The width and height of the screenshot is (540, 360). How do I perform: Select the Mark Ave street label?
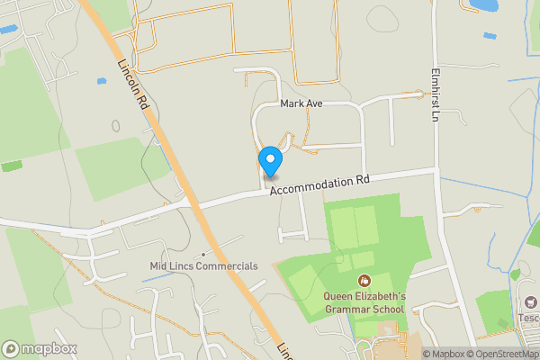tap(301, 103)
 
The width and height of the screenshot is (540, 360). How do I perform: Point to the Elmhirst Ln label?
tap(433, 95)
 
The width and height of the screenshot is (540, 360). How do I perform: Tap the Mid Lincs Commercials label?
tap(203, 266)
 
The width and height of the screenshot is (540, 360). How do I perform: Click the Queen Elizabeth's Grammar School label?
tap(365, 302)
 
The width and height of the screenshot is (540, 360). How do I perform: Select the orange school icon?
tap(364, 282)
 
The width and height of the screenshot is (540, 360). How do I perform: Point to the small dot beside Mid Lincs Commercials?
tap(204, 253)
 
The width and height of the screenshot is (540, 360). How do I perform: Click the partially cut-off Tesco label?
tap(528, 317)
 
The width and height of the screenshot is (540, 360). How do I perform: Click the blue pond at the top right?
tap(483, 5)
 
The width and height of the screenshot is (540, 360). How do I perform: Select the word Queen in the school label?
tap(341, 296)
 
